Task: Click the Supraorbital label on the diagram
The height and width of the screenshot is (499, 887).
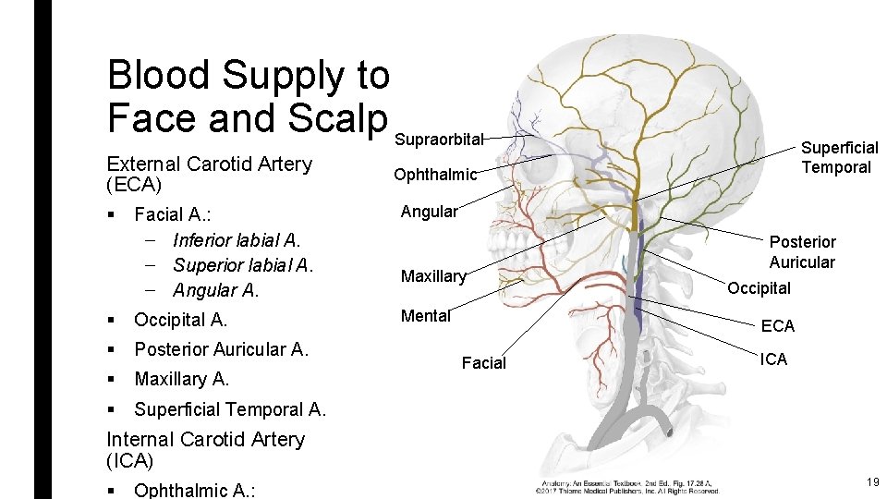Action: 439,140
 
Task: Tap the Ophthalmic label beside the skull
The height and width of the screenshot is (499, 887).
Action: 435,175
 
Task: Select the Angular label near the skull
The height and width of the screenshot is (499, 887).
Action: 429,212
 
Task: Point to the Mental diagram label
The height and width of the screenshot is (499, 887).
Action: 425,316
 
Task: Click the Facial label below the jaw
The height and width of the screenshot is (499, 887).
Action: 484,363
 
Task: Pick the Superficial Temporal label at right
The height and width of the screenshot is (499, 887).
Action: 838,157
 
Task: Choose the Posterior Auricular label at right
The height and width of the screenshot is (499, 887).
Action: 802,252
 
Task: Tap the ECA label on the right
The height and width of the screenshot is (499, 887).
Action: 777,325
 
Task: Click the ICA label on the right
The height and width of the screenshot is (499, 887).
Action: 774,359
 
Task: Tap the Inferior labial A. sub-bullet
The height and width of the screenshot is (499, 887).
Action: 237,240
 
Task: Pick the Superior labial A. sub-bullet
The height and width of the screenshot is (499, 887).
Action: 243,265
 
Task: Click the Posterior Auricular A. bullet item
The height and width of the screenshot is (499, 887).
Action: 221,349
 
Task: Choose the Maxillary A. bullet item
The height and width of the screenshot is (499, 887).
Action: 181,379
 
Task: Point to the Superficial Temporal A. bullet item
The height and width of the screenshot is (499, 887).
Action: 230,409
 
